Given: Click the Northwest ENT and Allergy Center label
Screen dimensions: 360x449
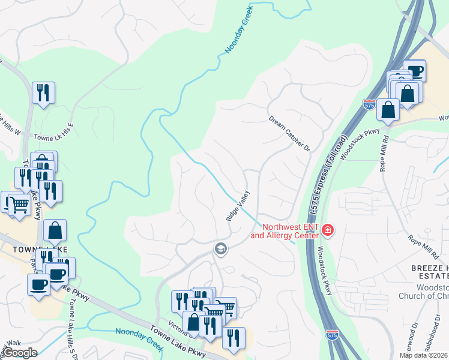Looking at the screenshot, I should tap(285, 231).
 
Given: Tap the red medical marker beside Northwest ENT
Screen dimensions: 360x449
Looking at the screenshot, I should tap(327, 230).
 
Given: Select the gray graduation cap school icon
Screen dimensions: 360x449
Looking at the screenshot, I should tap(221, 248).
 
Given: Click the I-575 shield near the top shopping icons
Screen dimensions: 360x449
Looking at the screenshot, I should tap(369, 105).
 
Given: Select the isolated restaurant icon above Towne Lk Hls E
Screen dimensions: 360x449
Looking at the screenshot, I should tap(43, 93).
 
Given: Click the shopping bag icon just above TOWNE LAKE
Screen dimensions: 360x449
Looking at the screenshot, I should tap(55, 230).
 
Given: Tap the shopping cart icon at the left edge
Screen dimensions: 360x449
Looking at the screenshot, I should tap(19, 205).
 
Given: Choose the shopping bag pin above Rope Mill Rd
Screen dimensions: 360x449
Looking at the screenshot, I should tap(388, 110).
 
